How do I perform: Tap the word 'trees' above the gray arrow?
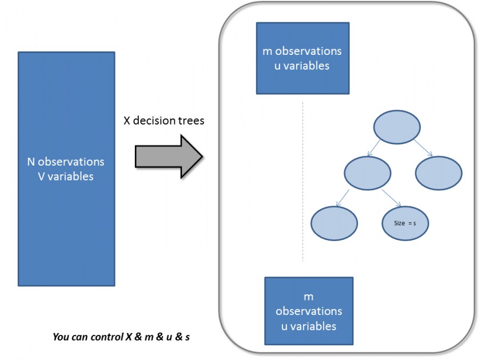tap(192, 121)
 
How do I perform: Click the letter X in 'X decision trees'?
tap(127, 121)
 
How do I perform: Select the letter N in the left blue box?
tap(31, 162)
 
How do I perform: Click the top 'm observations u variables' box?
tap(302, 58)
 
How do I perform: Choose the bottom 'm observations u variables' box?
tap(309, 311)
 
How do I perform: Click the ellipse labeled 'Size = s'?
tap(405, 223)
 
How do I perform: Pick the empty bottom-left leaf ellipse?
tap(334, 222)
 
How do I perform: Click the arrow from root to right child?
tap(424, 147)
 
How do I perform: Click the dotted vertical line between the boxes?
tap(302, 183)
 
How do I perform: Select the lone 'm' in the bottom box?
tap(309, 297)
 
